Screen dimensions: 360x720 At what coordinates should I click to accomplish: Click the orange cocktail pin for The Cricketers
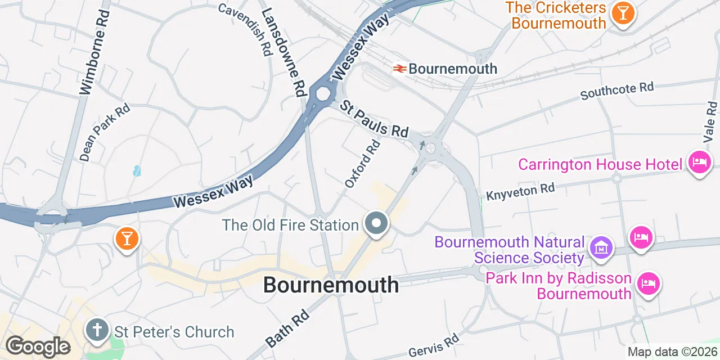[623, 12]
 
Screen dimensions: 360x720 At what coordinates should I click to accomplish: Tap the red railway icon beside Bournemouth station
[400, 69]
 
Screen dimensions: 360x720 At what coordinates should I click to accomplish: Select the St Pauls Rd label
[374, 119]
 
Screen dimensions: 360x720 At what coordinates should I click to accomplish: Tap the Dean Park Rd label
[105, 132]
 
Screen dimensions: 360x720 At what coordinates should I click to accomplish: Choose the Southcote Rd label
[617, 91]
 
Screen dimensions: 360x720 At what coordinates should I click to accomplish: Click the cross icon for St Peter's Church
[97, 330]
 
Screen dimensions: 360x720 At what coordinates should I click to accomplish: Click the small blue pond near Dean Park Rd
[137, 170]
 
